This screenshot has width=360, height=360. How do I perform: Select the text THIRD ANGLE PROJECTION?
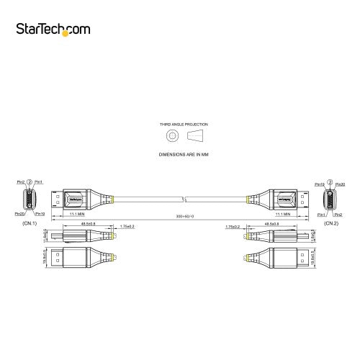pos(180,125)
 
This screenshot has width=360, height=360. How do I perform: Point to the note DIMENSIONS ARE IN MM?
pos(180,154)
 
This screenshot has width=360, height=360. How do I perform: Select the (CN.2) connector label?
pos(331,223)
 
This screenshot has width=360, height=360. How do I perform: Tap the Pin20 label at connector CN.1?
pos(19,214)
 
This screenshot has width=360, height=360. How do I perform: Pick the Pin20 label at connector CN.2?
pos(339,181)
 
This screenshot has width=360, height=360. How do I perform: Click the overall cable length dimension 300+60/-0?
pos(180,217)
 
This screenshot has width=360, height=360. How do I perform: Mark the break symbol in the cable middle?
pos(186,198)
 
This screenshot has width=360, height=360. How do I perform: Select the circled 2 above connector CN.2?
pos(330,181)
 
